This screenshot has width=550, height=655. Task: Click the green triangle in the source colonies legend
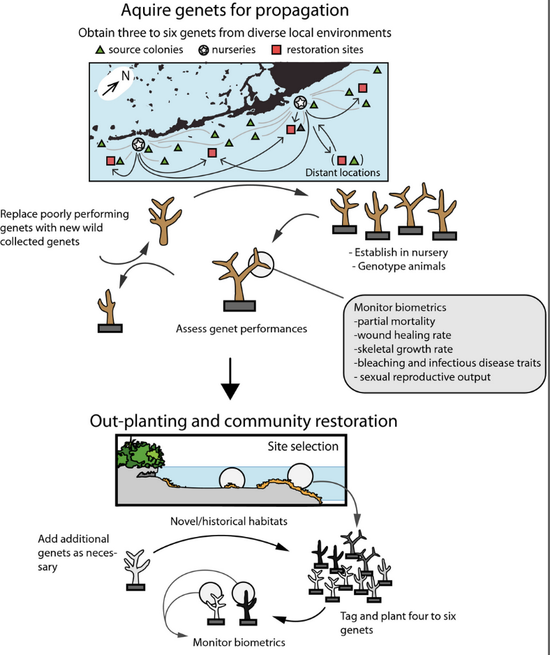(x=100, y=50)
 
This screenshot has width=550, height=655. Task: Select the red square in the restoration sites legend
(x=276, y=50)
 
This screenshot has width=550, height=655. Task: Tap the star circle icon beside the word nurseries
(x=203, y=50)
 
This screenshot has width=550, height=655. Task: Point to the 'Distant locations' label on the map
(x=343, y=172)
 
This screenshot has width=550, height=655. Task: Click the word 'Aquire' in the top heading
(x=145, y=10)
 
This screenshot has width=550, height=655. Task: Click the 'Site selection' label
(x=303, y=446)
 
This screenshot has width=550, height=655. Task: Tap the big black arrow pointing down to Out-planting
(x=230, y=379)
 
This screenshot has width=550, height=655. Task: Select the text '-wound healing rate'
(x=403, y=335)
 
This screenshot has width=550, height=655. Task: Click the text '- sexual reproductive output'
(x=422, y=377)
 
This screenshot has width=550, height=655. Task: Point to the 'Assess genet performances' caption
(x=241, y=329)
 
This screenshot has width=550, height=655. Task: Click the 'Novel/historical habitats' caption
(x=229, y=522)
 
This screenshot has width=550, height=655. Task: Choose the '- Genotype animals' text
(x=399, y=266)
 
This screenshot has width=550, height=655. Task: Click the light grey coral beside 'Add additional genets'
(x=136, y=570)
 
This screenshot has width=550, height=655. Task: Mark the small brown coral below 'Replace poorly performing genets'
(x=110, y=311)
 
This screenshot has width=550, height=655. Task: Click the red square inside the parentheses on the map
(x=341, y=161)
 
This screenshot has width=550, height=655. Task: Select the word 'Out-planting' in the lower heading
(x=137, y=421)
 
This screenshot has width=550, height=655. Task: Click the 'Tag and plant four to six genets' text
(x=398, y=623)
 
